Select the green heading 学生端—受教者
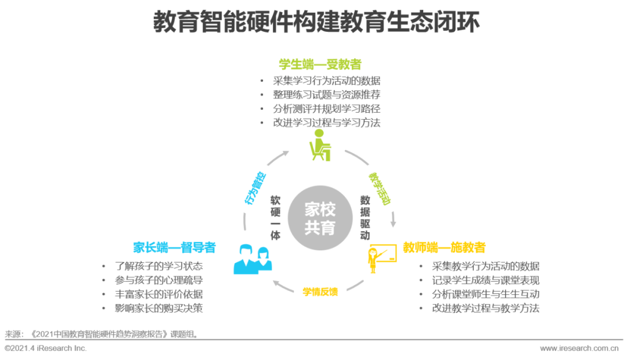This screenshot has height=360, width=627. pos(320,64)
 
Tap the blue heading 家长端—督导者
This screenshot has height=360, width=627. pos(174,248)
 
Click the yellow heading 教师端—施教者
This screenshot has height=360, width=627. pos(444,248)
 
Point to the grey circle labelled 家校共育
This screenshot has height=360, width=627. pos(320,218)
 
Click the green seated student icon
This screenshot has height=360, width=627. pos(319,145)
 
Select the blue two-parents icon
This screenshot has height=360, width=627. pos(253,259)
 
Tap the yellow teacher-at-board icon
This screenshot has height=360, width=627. pos(381,258)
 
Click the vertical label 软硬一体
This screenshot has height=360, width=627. pos(275,218)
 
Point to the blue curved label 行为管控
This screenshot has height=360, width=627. pos(255,188)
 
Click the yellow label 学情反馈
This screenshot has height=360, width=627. pos(320,291)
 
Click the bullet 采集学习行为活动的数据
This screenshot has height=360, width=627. pos(327,81)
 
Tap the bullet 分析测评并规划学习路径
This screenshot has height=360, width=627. pos(327,109)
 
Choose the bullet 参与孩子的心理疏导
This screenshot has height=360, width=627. pos(158,280)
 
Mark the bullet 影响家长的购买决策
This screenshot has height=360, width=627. pos(158,308)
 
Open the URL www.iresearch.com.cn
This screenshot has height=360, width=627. pos(579,348)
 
